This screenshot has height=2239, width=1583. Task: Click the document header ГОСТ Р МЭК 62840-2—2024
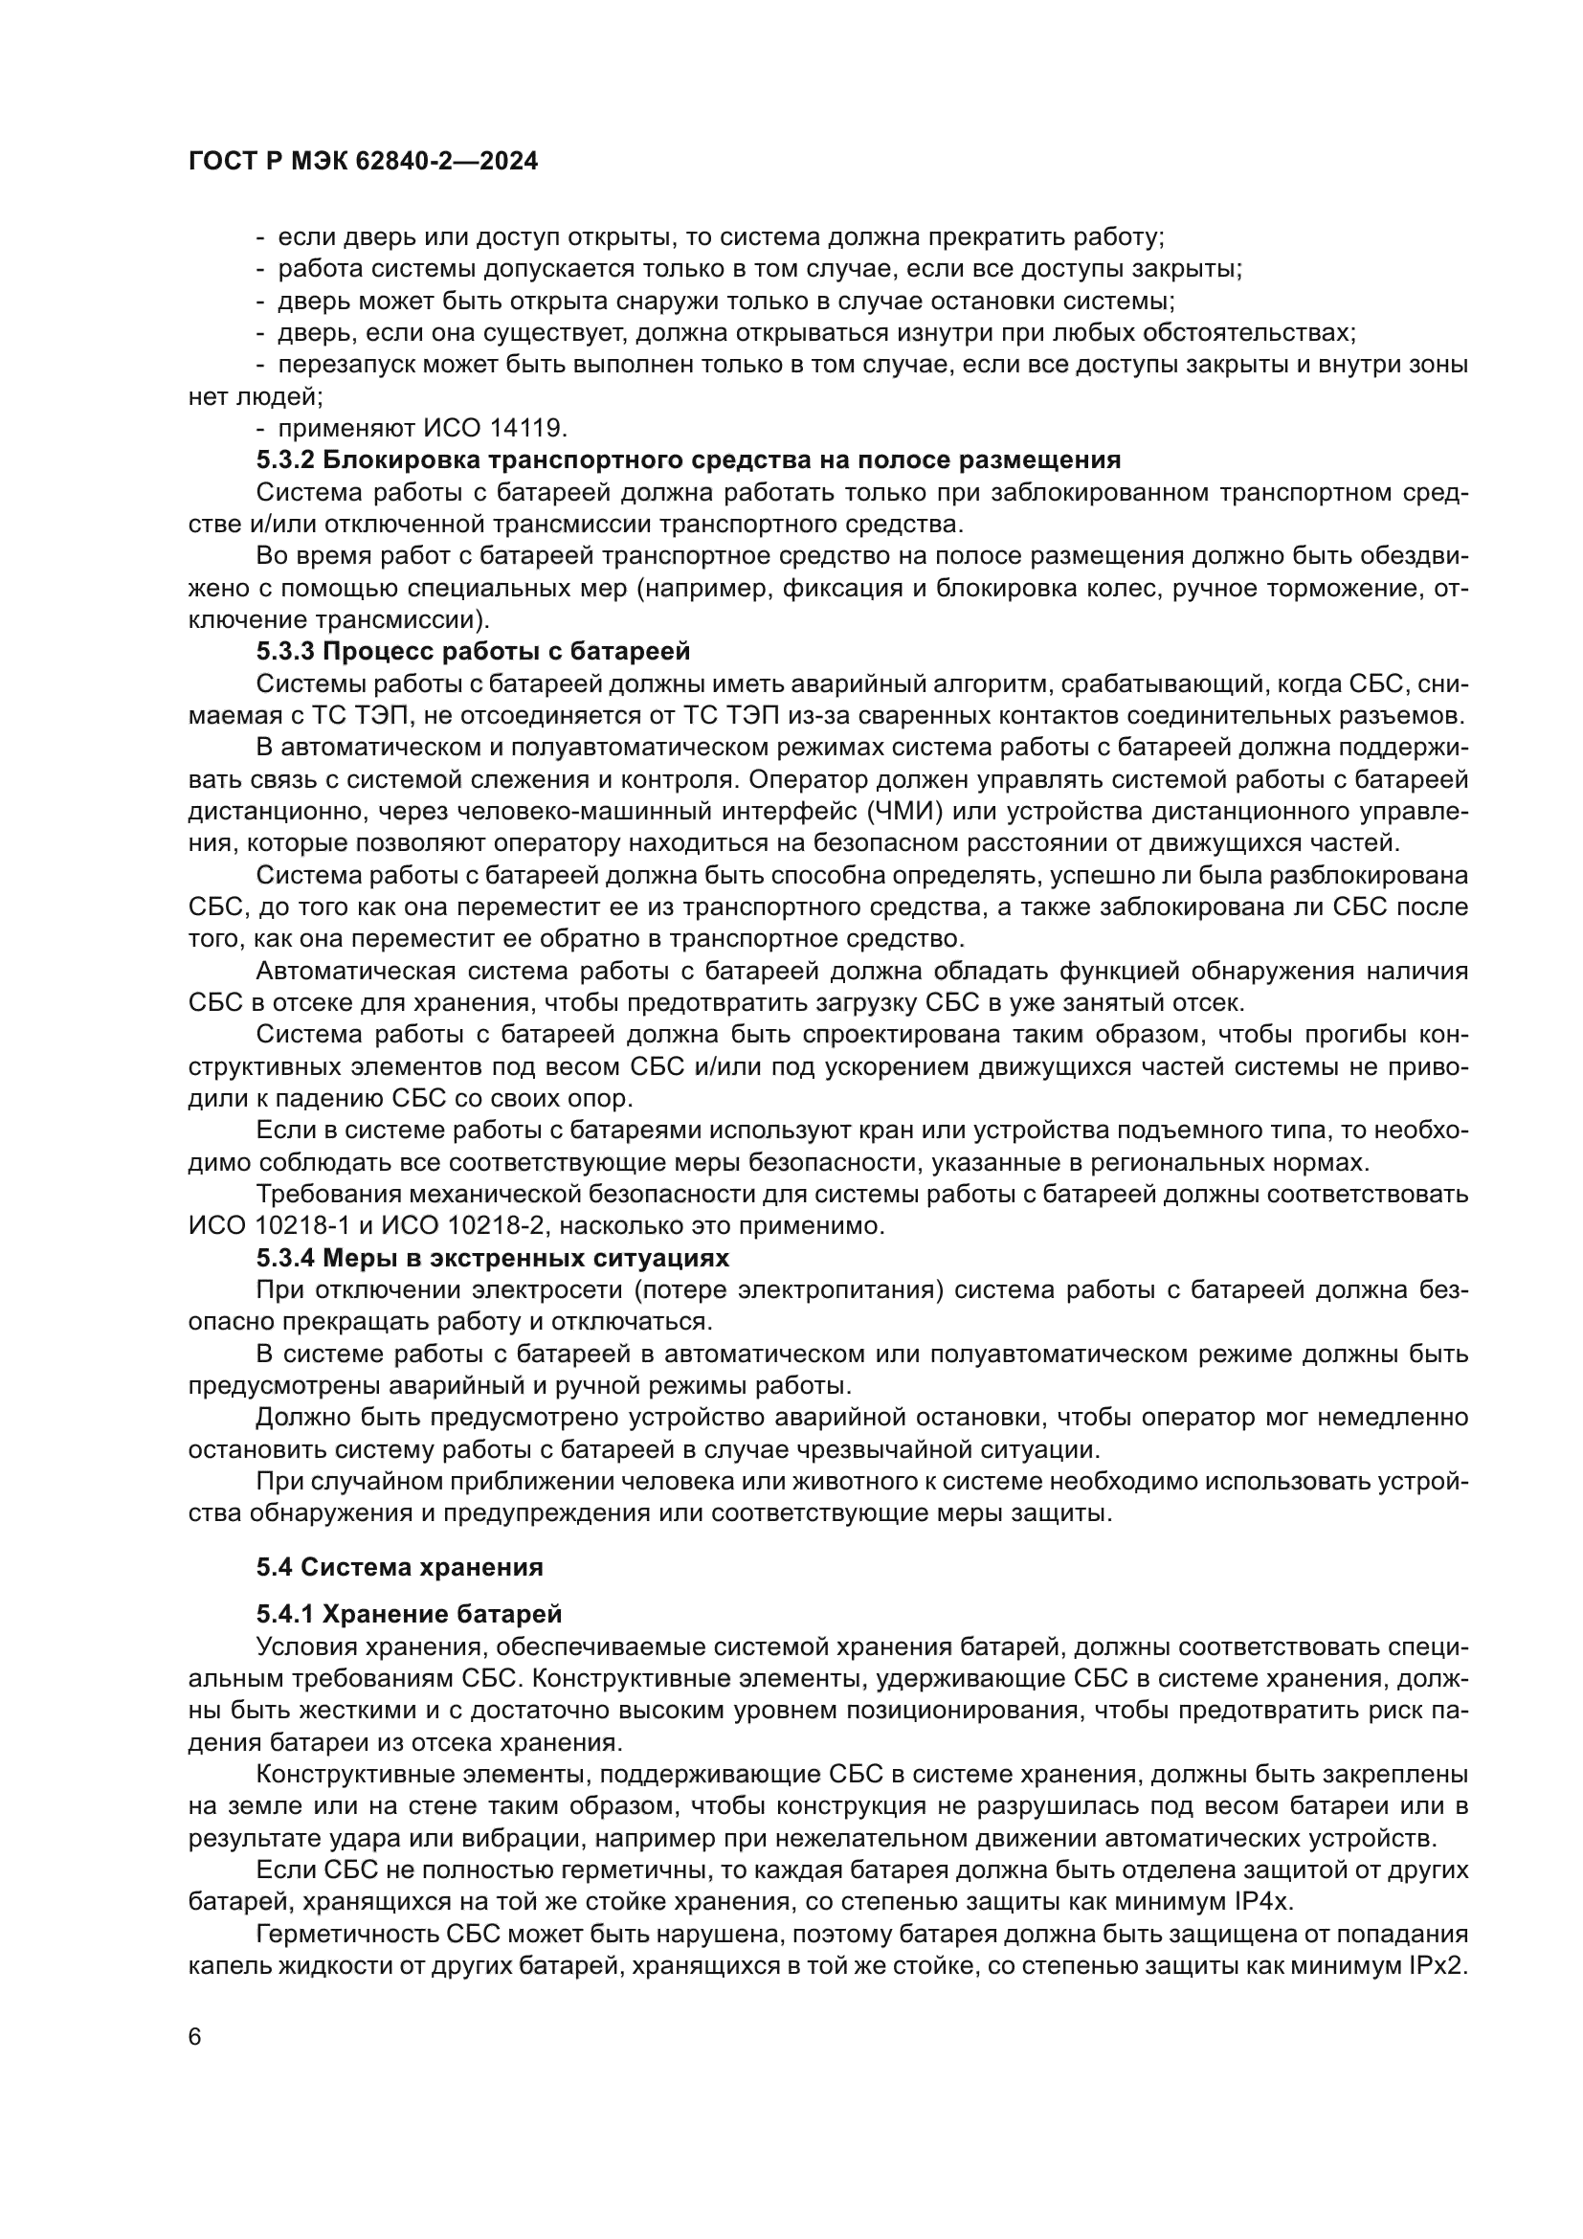point(363,162)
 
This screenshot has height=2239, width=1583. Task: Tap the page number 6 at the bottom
point(195,2037)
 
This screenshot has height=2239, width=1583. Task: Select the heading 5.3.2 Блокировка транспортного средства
point(688,459)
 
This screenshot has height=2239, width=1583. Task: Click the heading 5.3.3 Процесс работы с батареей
point(473,650)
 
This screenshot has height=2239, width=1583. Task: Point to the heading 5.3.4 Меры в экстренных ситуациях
point(492,1257)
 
